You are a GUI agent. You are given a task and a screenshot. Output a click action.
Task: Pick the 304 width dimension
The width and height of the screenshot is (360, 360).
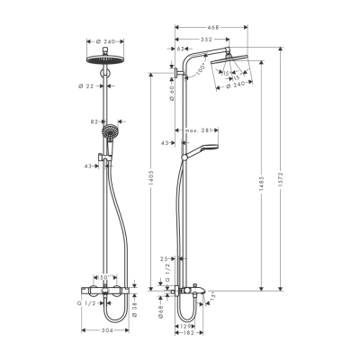[x=108, y=329]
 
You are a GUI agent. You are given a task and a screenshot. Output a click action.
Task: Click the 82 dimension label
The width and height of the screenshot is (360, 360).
[x=94, y=121]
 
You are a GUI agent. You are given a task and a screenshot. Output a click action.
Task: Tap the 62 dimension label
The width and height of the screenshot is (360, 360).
[x=180, y=49]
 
